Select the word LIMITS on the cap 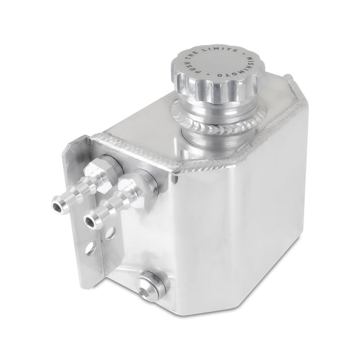(x=224, y=49)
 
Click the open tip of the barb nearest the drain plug (x=93, y=220)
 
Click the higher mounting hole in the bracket (x=109, y=233)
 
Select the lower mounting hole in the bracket (x=91, y=248)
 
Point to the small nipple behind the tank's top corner (x=289, y=78)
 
